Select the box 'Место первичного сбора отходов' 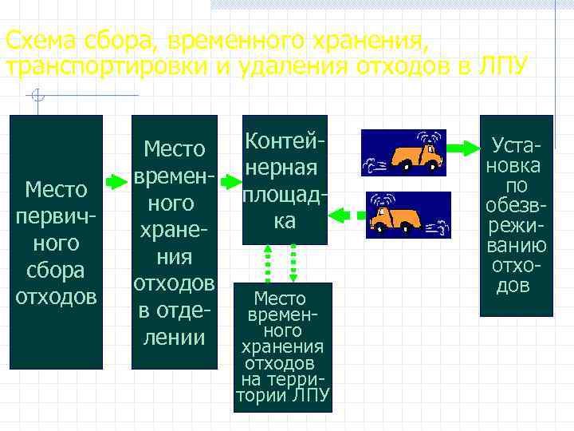pos(56,242)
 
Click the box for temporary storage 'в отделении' pos(175,242)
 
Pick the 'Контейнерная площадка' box pos(285,180)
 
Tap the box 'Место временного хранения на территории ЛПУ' pos(282,347)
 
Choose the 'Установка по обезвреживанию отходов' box pos(516,215)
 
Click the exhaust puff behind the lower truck pos(438,227)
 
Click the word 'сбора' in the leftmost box pos(56,270)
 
